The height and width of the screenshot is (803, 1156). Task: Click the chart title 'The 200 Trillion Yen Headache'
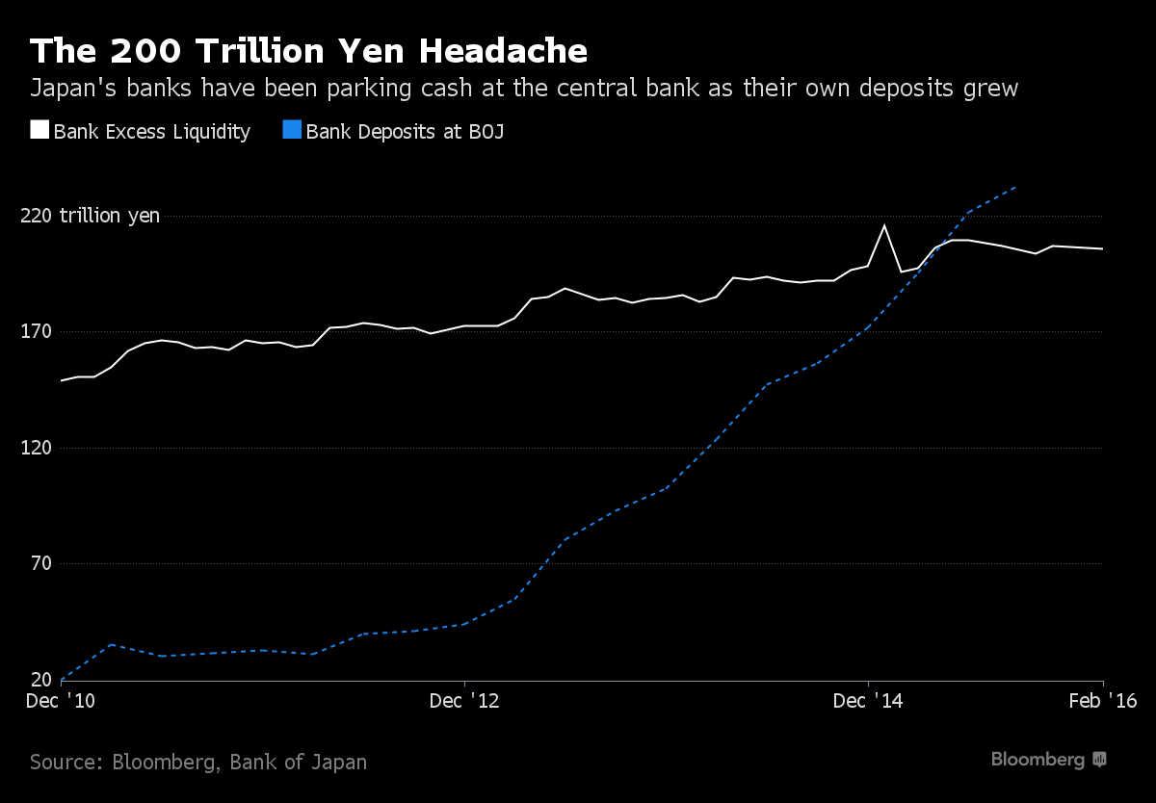(308, 51)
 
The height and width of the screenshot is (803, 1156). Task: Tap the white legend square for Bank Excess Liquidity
(39, 129)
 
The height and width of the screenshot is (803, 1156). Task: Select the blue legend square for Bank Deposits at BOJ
(292, 129)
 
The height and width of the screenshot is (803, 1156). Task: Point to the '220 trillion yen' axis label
(90, 216)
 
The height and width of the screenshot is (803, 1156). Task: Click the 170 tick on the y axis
(37, 331)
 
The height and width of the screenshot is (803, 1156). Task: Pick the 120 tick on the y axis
(37, 447)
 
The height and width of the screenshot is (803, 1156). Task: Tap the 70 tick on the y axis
(41, 563)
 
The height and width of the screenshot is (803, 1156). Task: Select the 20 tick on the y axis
(41, 679)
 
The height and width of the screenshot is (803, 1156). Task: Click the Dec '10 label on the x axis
(61, 701)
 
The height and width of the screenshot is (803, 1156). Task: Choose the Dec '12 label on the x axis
(464, 701)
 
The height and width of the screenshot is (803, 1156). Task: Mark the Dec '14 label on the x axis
(868, 701)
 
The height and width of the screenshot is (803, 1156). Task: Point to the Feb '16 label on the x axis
(1103, 701)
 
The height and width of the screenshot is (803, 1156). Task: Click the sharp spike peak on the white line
(884, 225)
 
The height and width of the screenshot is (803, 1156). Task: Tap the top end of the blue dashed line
(1015, 187)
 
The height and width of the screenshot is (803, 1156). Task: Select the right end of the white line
(1103, 249)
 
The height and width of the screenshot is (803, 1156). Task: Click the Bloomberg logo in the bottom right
(1048, 760)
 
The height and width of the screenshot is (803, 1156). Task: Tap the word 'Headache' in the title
(503, 51)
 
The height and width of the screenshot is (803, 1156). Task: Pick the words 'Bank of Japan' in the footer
(299, 763)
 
